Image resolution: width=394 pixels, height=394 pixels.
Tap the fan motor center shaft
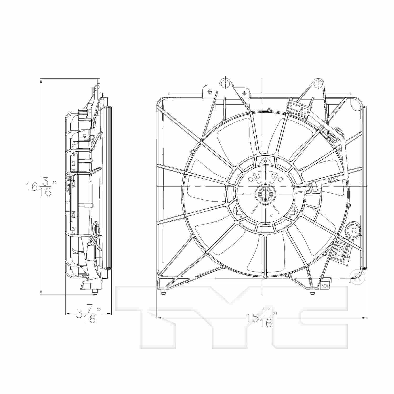(x=263, y=194)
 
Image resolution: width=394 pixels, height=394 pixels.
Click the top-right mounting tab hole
(x=318, y=84)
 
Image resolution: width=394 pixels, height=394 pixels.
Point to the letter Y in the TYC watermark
(x=231, y=315)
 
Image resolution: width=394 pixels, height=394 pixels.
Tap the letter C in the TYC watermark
(x=315, y=315)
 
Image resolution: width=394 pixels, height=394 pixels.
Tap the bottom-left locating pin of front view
(x=163, y=292)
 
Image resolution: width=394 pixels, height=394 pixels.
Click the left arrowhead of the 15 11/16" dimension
(x=159, y=318)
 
